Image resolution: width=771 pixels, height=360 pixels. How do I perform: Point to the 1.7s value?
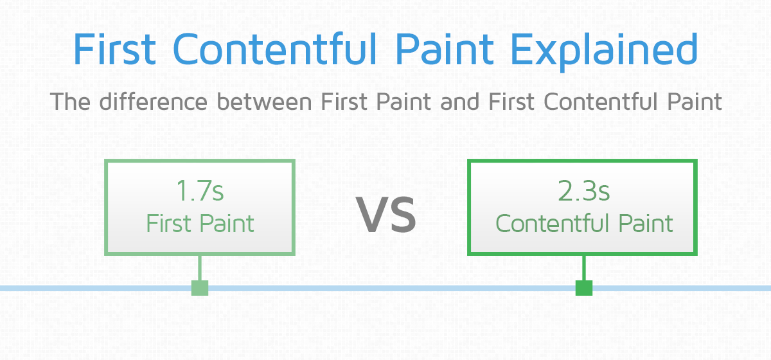tap(200, 192)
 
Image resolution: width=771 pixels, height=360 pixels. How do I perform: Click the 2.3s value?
tap(583, 192)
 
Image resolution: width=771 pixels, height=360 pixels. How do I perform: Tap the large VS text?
tap(387, 215)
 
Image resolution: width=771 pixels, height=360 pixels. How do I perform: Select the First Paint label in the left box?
tap(200, 224)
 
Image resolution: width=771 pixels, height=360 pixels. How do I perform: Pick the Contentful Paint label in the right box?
tap(583, 224)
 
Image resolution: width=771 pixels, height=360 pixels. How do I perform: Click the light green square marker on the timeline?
tap(200, 288)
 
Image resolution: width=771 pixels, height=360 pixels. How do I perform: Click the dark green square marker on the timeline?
tap(583, 288)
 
